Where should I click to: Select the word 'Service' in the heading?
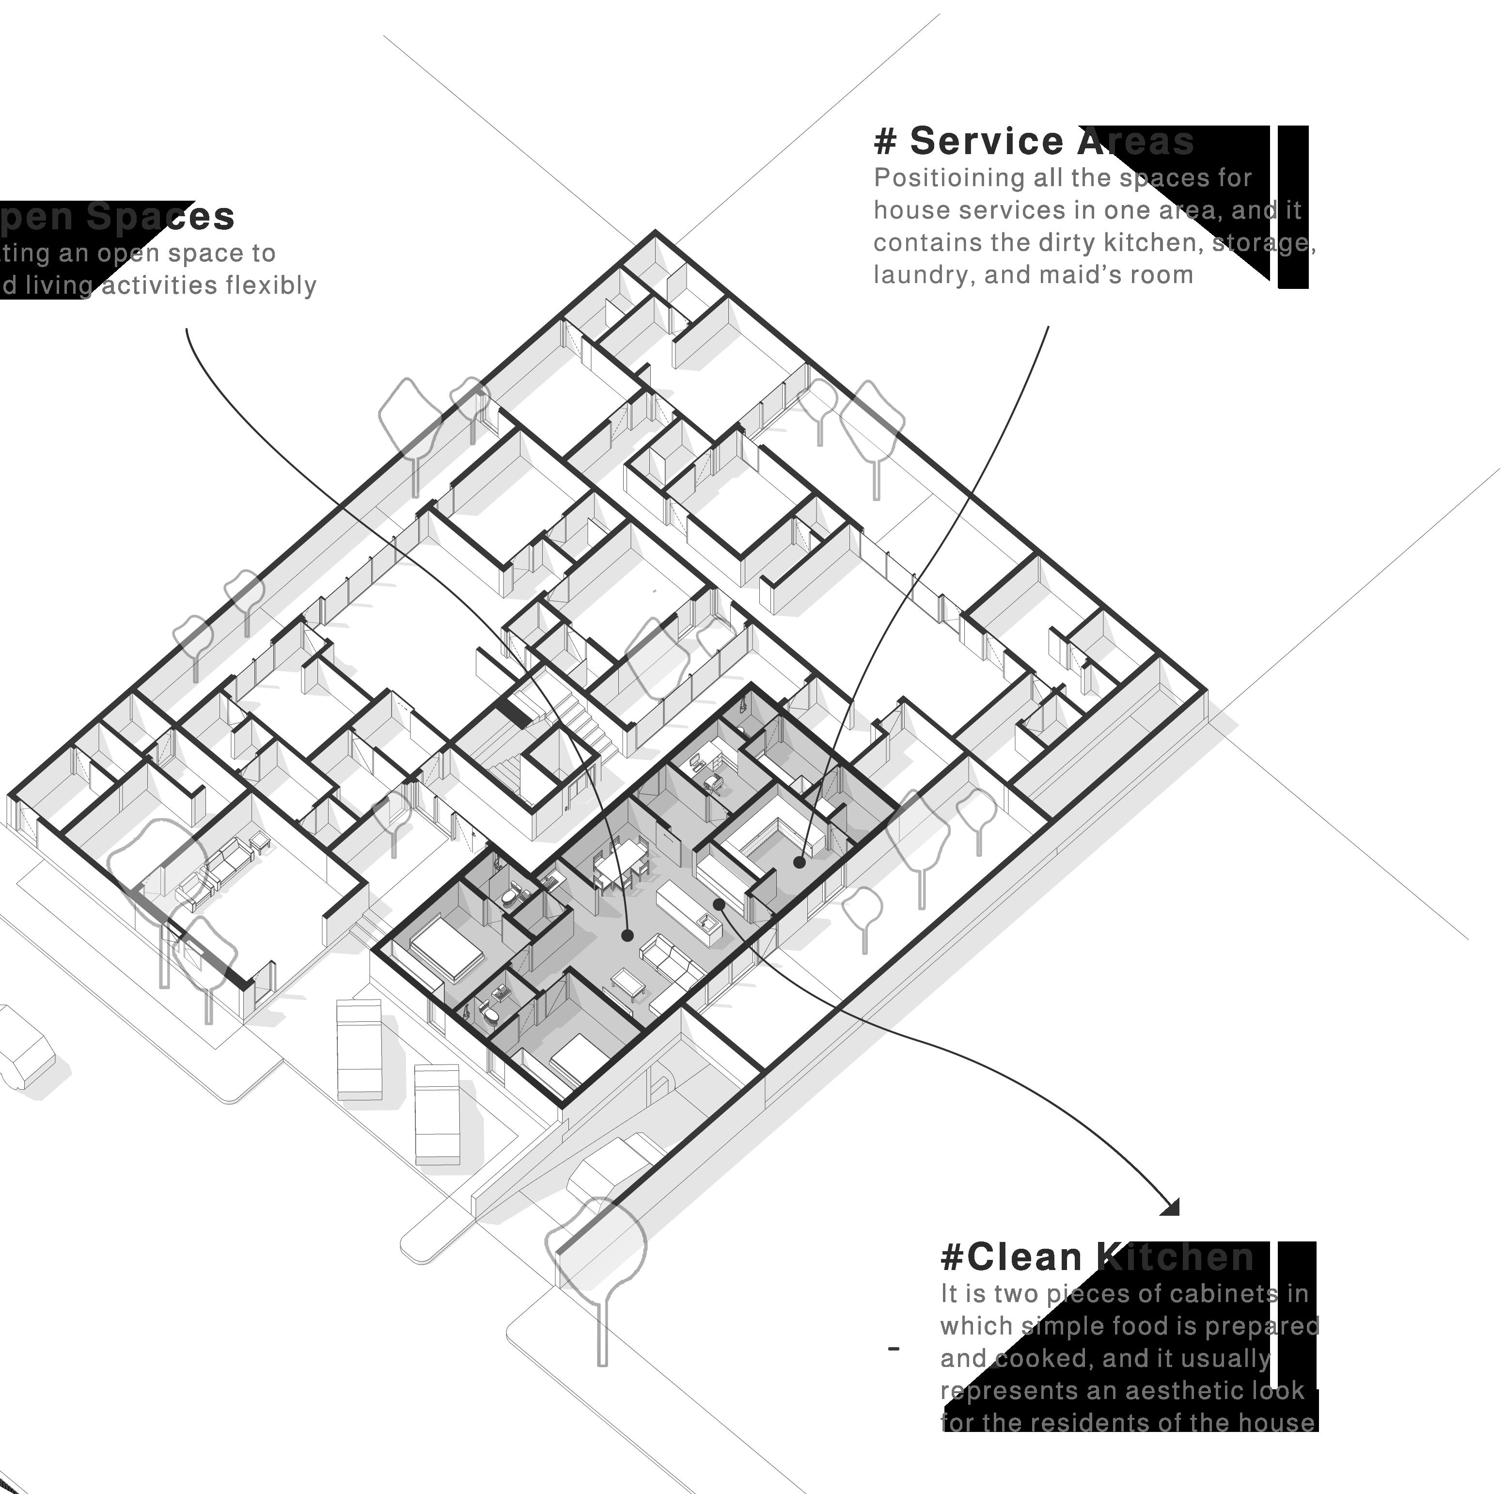[x=987, y=142]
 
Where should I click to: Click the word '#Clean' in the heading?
[x=1011, y=1257]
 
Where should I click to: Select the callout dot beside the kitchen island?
[x=719, y=904]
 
